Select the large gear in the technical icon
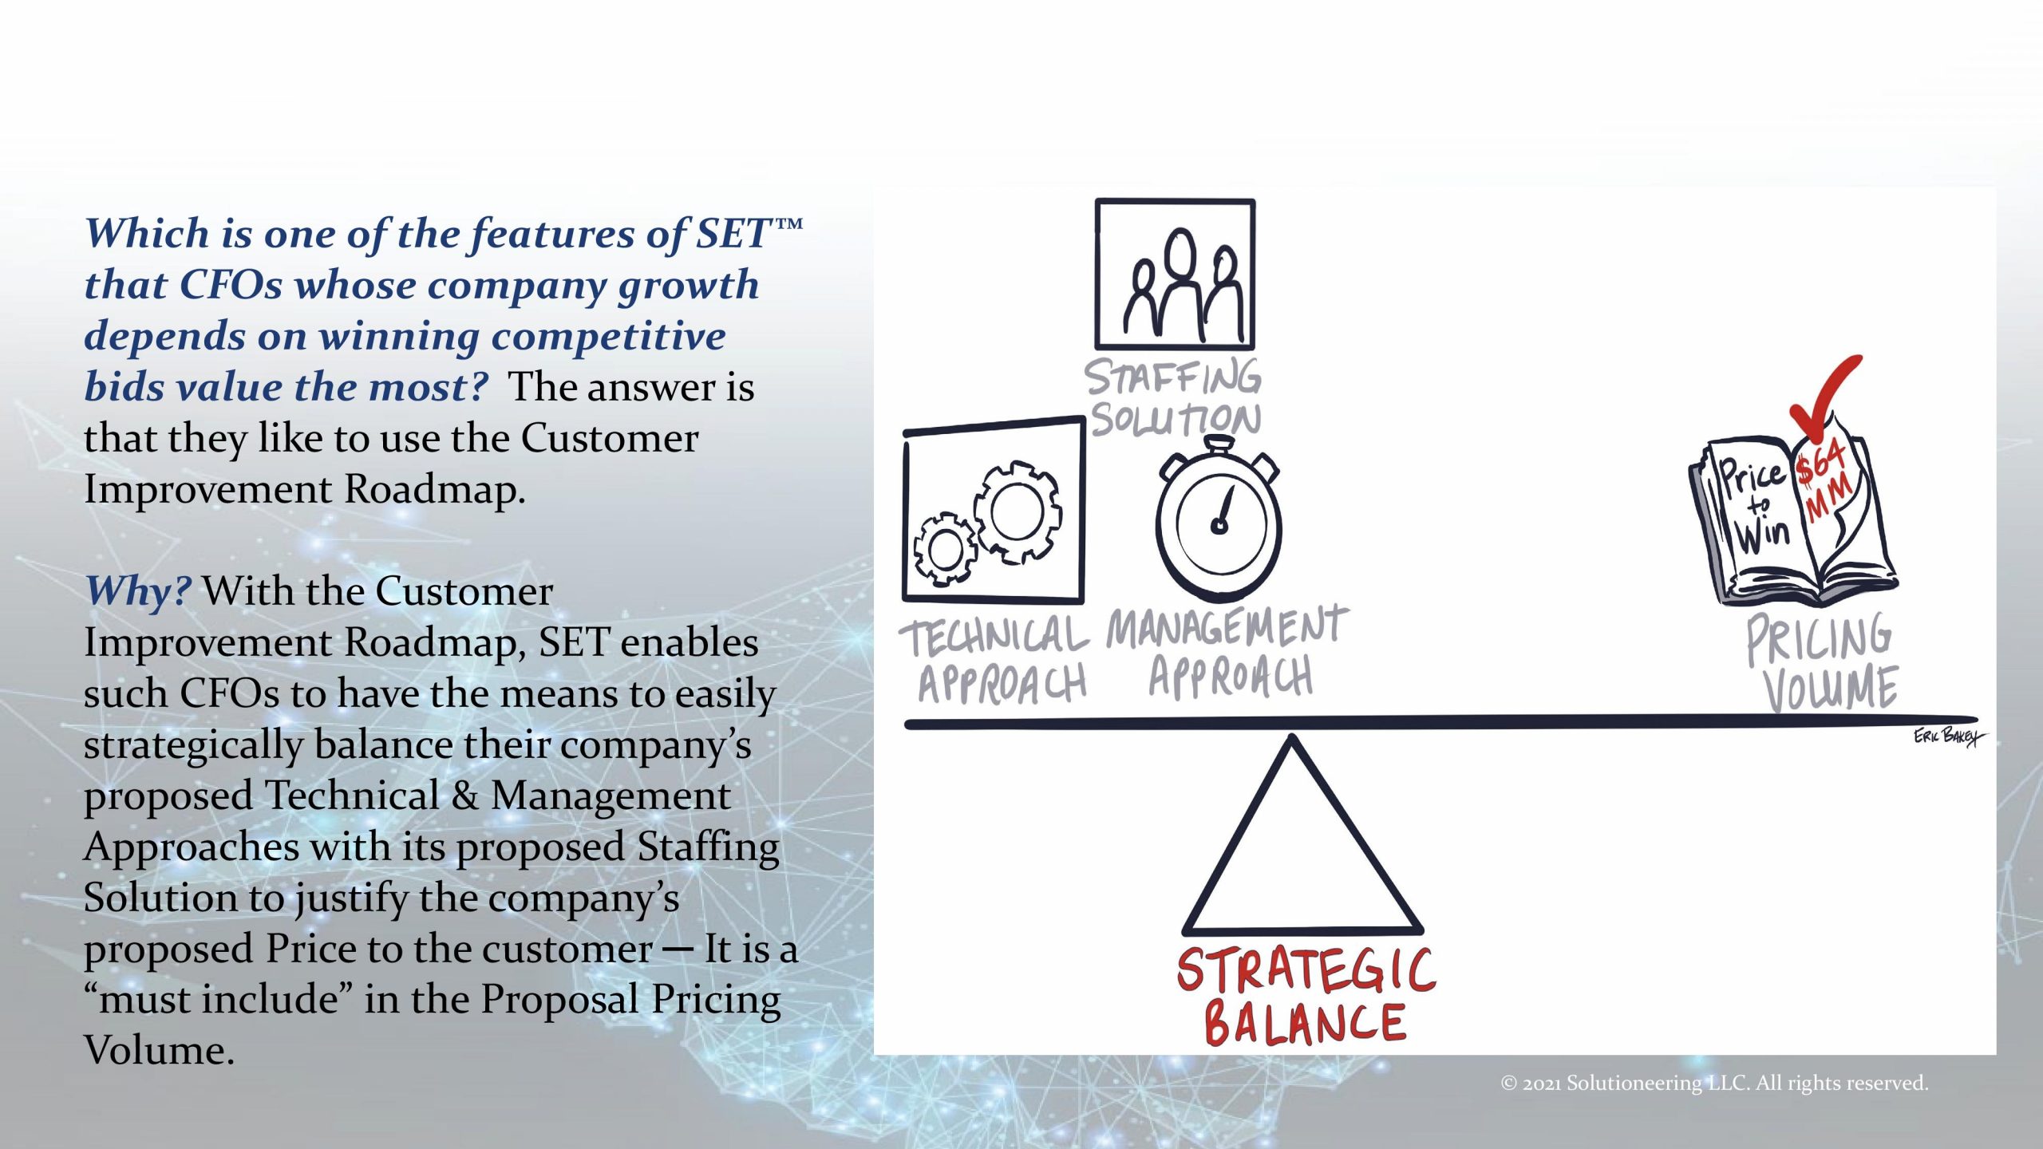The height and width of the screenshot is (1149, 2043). tap(1017, 511)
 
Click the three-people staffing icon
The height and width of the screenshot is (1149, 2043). tap(1175, 274)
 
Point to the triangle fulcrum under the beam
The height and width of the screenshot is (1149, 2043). tap(1302, 835)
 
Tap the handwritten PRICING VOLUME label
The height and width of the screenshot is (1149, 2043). tap(1823, 662)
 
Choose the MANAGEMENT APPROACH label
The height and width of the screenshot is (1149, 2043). tap(1227, 651)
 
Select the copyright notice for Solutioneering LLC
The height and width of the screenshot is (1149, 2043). tap(1714, 1083)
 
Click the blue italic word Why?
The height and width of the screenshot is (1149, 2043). tap(137, 591)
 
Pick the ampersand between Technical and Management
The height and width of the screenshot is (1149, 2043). tap(464, 796)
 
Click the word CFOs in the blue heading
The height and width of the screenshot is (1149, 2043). tap(231, 285)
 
